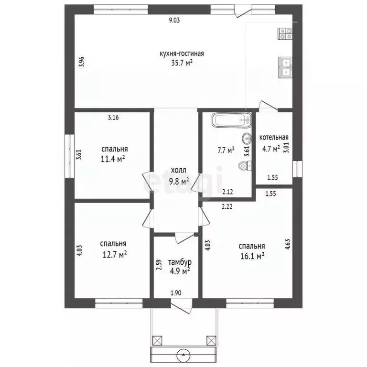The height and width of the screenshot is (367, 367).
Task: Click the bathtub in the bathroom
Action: (231, 120)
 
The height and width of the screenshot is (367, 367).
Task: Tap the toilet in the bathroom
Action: (245, 166)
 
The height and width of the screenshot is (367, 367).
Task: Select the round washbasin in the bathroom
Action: (247, 139)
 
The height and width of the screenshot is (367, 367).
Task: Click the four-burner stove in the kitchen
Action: (285, 33)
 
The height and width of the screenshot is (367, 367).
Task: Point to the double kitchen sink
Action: (285, 67)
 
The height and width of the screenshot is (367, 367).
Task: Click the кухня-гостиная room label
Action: (182, 54)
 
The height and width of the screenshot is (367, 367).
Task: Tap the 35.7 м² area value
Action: (182, 63)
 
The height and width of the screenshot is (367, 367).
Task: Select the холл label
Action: (179, 170)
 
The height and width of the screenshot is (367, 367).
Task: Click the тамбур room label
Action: (180, 262)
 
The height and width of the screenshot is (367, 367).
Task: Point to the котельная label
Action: (274, 138)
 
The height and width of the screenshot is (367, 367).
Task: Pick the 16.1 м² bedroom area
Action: (252, 256)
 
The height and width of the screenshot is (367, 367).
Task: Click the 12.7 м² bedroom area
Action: (115, 254)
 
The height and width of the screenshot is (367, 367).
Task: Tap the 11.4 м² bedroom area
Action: (113, 159)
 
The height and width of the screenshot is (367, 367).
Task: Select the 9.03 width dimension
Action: (174, 21)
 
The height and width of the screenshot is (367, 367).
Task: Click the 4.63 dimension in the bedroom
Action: (288, 244)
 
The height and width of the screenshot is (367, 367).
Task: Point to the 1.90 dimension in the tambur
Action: (176, 292)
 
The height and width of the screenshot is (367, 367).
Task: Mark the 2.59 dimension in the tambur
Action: (159, 265)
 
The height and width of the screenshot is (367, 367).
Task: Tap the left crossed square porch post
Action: (157, 340)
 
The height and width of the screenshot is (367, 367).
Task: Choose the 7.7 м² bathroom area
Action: (226, 150)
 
